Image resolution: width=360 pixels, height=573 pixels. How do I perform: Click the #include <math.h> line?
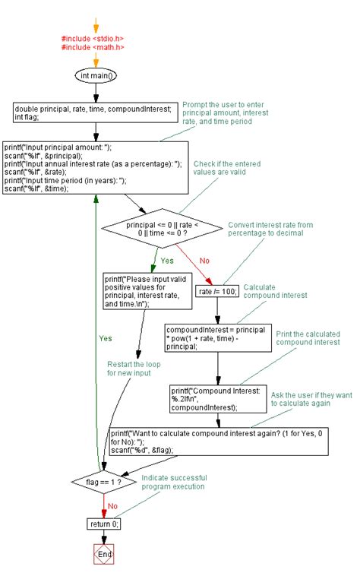(93, 47)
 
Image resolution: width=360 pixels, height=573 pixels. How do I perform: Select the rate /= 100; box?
(218, 291)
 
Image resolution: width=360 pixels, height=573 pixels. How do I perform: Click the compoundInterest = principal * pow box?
(218, 336)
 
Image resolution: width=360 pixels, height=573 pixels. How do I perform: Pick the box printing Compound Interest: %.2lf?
(216, 397)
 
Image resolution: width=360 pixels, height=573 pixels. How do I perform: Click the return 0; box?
(104, 524)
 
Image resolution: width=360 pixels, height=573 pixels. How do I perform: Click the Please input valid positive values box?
(149, 292)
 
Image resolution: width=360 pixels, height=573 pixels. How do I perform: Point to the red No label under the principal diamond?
(205, 260)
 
